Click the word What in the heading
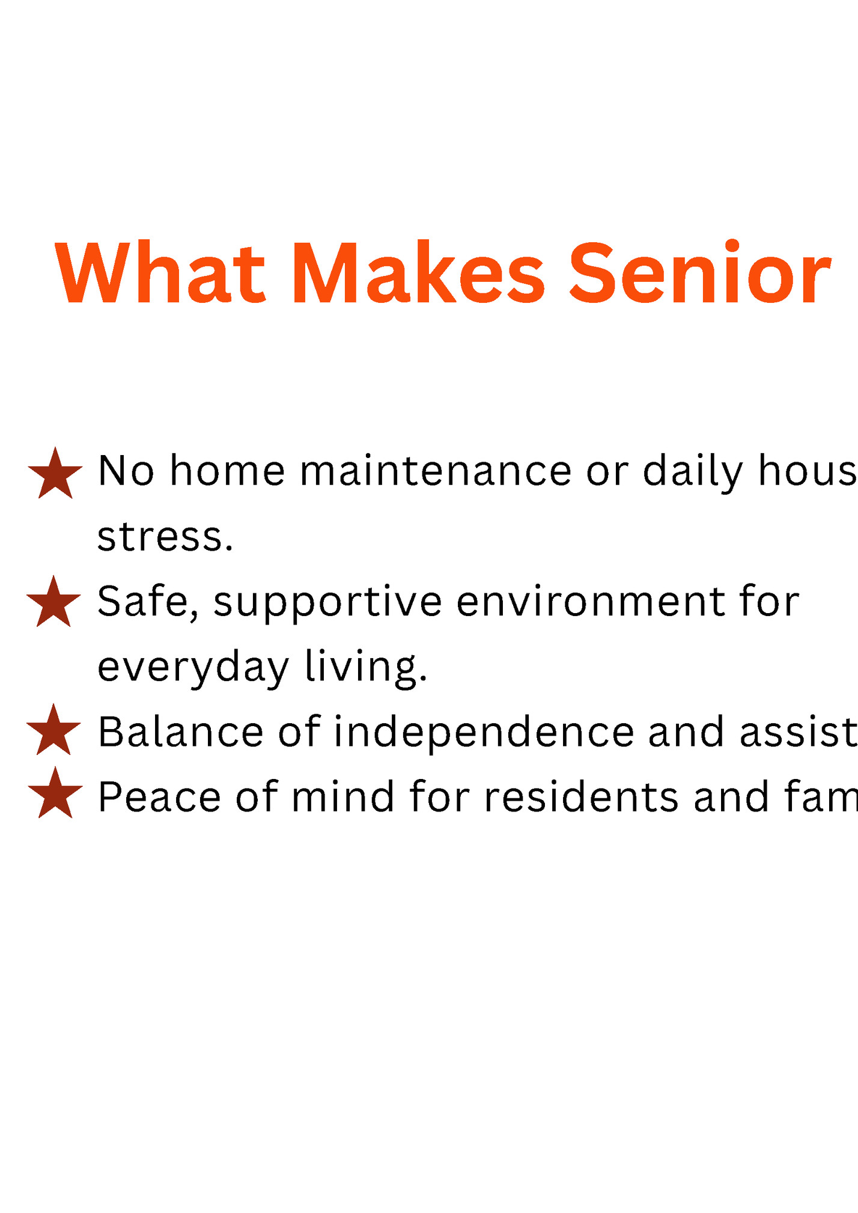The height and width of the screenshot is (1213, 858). (x=160, y=273)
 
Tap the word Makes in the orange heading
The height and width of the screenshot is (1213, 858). (x=419, y=273)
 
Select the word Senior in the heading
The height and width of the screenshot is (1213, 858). (x=700, y=273)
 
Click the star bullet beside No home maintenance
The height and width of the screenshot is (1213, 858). (x=55, y=475)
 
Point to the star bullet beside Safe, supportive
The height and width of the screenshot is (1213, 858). (x=53, y=603)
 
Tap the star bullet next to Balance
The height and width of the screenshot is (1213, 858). (x=53, y=731)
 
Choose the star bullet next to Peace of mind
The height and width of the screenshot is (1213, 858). (x=55, y=794)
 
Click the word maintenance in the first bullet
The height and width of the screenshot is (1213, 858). (x=436, y=471)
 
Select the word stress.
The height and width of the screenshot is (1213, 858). (x=165, y=536)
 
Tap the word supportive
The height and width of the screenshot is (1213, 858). (x=328, y=603)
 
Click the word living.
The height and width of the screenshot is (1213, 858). (x=366, y=667)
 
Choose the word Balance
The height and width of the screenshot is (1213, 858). (x=181, y=732)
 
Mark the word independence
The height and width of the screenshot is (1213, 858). (x=484, y=733)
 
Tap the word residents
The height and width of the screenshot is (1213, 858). (x=582, y=796)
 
